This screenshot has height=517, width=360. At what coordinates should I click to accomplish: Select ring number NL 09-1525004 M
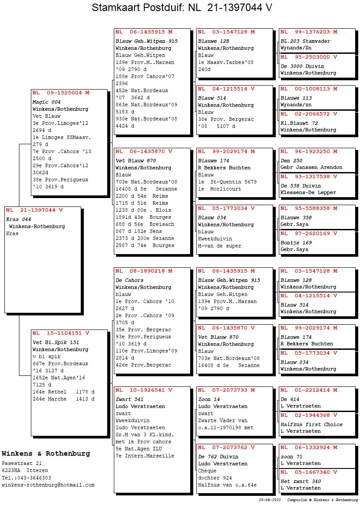click(61, 93)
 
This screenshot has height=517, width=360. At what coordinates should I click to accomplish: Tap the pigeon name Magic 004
click(46, 102)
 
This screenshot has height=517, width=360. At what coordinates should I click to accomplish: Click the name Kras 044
click(19, 219)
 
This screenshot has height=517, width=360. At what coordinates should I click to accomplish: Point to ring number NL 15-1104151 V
click(61, 333)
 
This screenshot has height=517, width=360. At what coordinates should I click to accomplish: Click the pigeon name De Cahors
click(129, 280)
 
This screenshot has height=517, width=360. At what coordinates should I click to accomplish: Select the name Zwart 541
click(129, 399)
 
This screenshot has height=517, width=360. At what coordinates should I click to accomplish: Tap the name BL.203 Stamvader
click(305, 41)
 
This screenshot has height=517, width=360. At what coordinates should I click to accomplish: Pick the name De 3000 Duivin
click(302, 66)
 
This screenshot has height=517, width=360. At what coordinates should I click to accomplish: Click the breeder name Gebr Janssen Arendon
click(311, 167)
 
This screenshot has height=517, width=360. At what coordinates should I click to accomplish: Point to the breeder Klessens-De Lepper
click(308, 192)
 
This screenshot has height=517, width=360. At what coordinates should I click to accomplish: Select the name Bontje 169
click(296, 242)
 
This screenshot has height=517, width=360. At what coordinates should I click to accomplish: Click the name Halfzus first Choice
click(311, 424)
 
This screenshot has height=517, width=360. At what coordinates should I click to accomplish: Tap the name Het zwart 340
click(300, 481)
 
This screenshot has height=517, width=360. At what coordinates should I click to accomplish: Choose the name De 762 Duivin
click(218, 457)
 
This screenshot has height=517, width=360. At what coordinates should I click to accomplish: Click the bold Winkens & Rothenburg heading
click(46, 453)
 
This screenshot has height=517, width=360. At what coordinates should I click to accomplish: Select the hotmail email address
click(48, 485)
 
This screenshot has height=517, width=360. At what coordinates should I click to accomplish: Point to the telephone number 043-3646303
click(32, 478)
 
